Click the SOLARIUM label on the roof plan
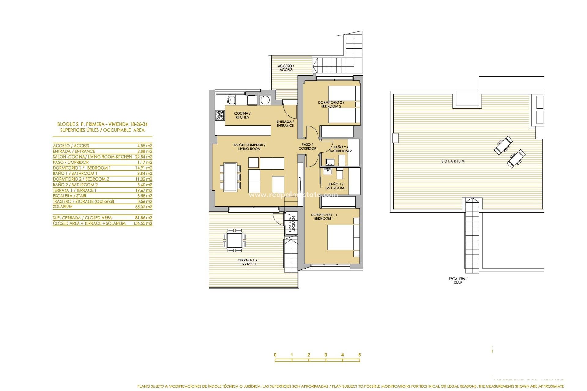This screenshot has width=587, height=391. (453, 161)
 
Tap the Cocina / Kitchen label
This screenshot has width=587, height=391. (242, 115)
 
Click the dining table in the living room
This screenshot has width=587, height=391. (230, 177)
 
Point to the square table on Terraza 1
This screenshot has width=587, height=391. (235, 240)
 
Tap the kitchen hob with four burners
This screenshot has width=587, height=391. (220, 115)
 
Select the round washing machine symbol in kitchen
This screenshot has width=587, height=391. (265, 100)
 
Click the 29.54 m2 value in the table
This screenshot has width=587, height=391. (143, 157)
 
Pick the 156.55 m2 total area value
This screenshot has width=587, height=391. (142, 223)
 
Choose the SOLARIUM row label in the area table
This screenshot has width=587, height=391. (63, 207)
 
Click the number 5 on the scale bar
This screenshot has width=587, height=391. (360, 355)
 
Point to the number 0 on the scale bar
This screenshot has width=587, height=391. (275, 355)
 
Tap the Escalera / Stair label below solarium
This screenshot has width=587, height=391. (458, 280)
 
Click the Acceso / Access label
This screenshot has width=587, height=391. (286, 68)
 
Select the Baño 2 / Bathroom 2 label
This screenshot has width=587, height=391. (341, 149)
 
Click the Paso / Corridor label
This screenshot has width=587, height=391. (307, 146)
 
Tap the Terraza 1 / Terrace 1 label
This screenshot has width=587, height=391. (247, 262)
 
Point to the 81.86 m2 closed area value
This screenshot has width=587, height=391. (143, 218)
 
